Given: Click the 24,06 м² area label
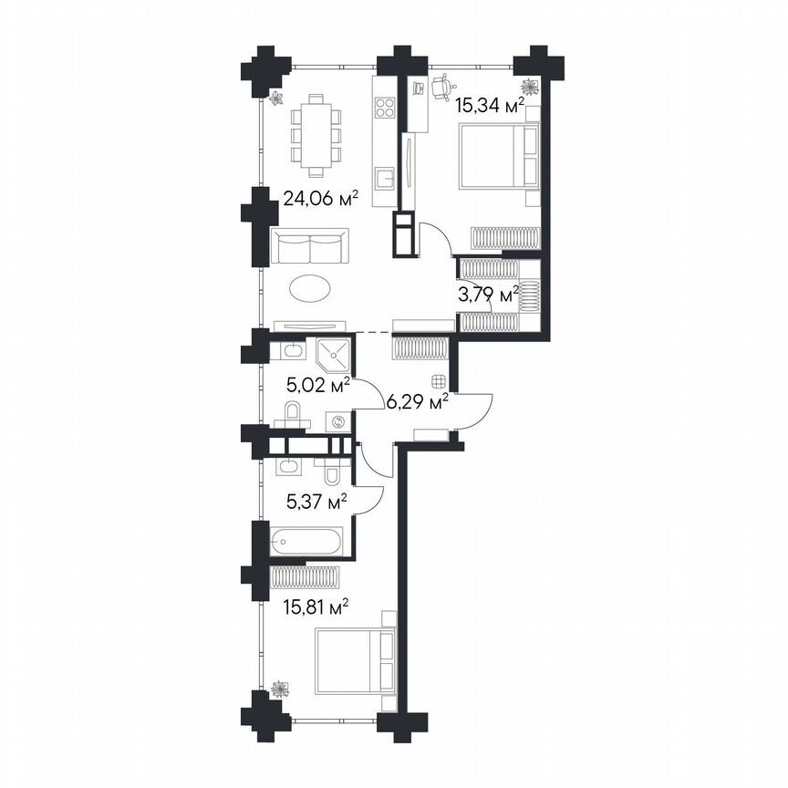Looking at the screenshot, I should click(x=319, y=198).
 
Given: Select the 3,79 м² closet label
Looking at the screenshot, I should click(x=487, y=293).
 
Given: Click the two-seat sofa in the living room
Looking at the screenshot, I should click(x=310, y=247).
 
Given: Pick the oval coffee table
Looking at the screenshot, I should click(x=311, y=289).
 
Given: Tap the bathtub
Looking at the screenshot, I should click(x=306, y=542).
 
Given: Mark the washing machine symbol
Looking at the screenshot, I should click(x=339, y=421).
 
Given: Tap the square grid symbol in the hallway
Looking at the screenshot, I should click(x=441, y=382).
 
